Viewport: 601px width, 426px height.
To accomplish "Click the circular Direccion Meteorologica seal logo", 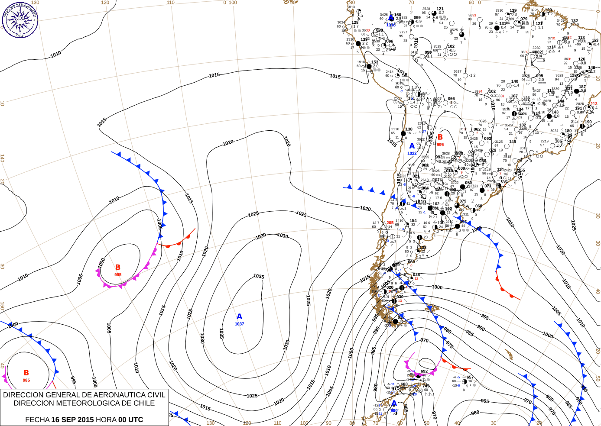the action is click(20, 20).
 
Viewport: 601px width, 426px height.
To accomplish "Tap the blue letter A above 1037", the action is click(239, 317).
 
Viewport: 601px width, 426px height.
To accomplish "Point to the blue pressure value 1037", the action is click(239, 324).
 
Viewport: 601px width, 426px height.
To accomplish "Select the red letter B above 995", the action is click(118, 268).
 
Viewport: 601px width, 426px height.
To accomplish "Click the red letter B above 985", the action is click(26, 373).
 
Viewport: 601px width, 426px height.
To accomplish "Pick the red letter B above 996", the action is click(440, 138).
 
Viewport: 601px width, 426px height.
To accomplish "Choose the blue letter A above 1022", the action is click(412, 146).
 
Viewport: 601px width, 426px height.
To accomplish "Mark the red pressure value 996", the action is click(440, 145).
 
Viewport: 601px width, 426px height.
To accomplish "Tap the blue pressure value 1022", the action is click(412, 153).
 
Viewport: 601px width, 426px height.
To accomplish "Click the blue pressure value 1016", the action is click(391, 25).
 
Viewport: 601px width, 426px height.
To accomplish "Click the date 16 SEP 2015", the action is click(72, 420).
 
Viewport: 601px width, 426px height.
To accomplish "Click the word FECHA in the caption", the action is click(37, 420).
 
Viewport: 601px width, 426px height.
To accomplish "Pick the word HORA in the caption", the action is click(106, 420).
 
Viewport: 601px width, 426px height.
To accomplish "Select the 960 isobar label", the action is click(475, 413).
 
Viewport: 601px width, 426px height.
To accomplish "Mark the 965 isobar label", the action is click(484, 401).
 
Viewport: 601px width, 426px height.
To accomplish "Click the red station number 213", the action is click(594, 104).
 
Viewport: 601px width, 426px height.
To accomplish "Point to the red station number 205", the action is click(390, 223).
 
